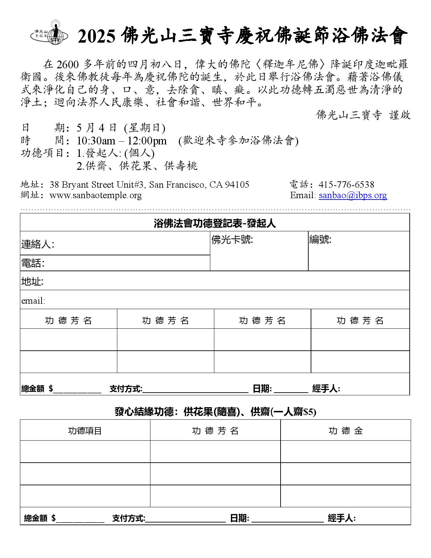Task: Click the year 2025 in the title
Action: pos(96,37)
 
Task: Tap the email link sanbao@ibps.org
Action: pos(353,195)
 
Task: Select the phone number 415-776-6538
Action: pos(346,185)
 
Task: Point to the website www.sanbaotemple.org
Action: pos(95,195)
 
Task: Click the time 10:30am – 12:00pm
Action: pos(121,141)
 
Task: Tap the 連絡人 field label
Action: pos(38,244)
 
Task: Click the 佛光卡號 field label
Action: pos(232,240)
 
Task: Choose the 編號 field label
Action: pos(320,240)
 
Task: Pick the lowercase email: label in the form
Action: pos(33,301)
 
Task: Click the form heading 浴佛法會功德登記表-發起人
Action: pos(215,223)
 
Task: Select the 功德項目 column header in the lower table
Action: pos(85,431)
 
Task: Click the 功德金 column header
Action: pos(345,431)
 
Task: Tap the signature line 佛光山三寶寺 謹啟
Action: pos(363,115)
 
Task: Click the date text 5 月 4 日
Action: pos(97,128)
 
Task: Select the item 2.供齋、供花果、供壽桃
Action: pos(137,166)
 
